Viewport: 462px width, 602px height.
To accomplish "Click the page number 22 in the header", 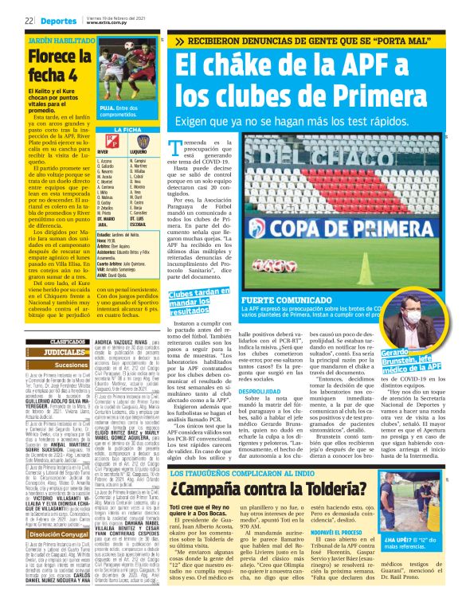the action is [28, 21].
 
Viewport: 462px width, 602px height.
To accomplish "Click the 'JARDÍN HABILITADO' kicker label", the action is [57, 38].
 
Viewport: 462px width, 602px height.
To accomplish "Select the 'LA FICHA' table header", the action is [127, 128].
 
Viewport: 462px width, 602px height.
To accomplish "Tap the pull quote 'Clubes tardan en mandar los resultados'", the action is [196, 280].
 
